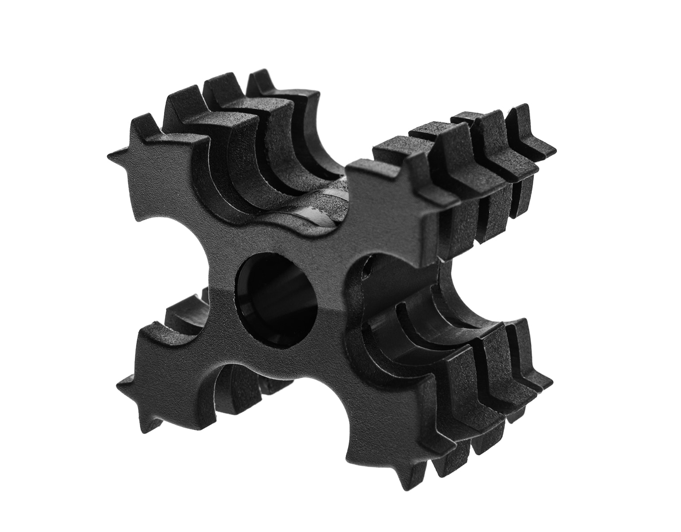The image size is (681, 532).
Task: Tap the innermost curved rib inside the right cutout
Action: [386, 328]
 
